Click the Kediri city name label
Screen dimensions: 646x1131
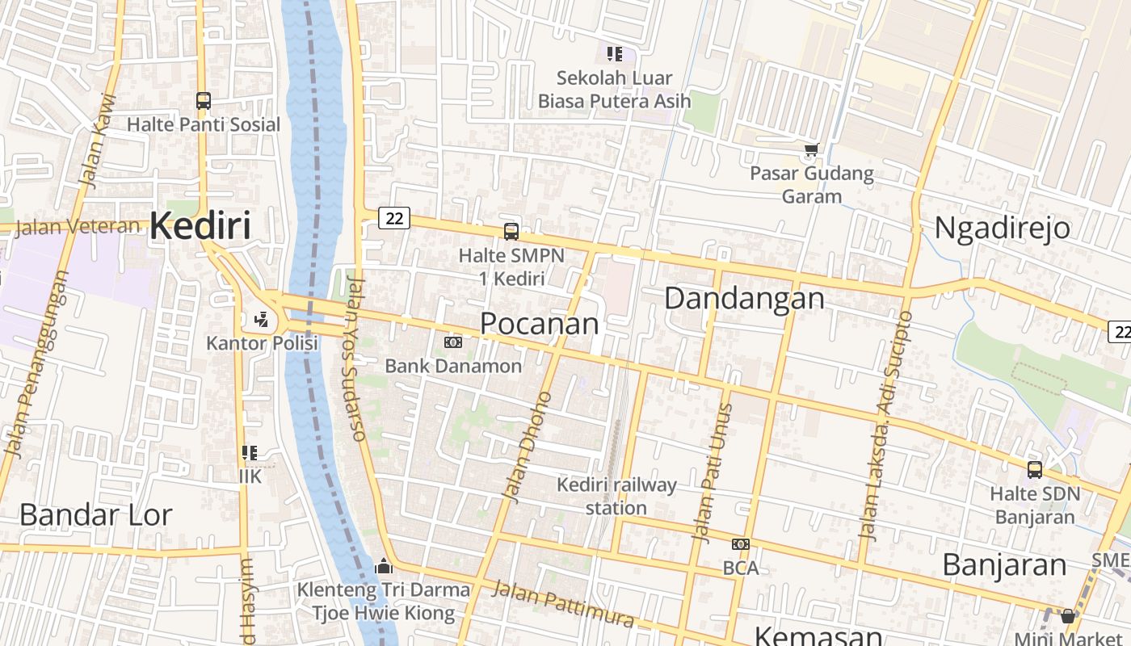click(x=200, y=226)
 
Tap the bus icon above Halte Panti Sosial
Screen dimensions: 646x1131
click(x=204, y=101)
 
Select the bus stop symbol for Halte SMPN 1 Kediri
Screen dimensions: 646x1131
click(x=511, y=232)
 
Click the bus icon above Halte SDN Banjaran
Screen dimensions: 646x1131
click(x=1034, y=469)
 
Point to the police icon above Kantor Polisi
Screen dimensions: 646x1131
click(x=262, y=320)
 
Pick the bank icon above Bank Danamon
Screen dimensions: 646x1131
click(x=453, y=342)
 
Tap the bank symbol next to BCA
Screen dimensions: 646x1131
click(x=740, y=544)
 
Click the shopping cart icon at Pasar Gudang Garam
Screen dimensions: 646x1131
click(x=811, y=149)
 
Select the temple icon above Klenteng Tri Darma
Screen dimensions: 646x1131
click(x=384, y=566)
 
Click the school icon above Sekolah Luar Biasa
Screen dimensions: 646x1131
click(x=615, y=54)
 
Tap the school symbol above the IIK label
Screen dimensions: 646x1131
click(x=250, y=453)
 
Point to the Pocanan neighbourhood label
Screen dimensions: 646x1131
click(x=540, y=324)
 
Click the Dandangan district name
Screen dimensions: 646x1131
click(x=744, y=299)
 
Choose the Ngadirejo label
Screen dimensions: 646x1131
click(x=1002, y=229)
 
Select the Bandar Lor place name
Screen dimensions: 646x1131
click(x=95, y=515)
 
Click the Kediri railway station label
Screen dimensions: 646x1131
click(x=617, y=496)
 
